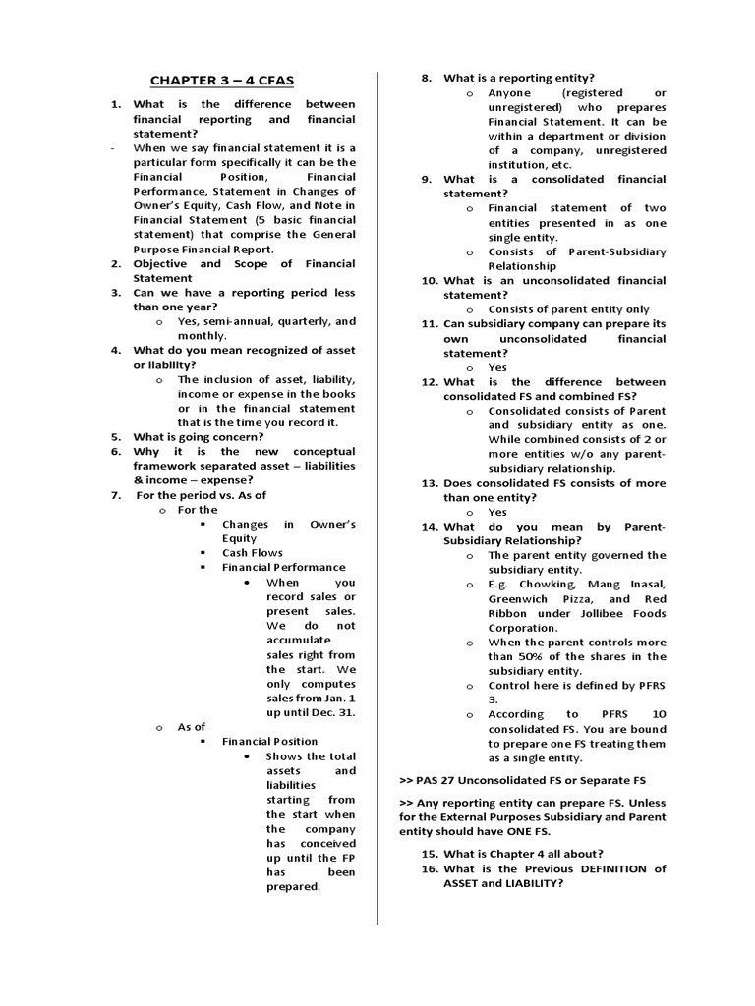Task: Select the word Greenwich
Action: pyautogui.click(x=525, y=598)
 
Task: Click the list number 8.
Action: pyautogui.click(x=427, y=78)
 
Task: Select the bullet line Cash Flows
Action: pyautogui.click(x=252, y=553)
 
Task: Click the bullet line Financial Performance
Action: pyautogui.click(x=283, y=567)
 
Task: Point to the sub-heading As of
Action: pyautogui.click(x=191, y=727)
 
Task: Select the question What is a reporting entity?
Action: pyautogui.click(x=518, y=78)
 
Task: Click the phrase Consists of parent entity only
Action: pyautogui.click(x=568, y=308)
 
